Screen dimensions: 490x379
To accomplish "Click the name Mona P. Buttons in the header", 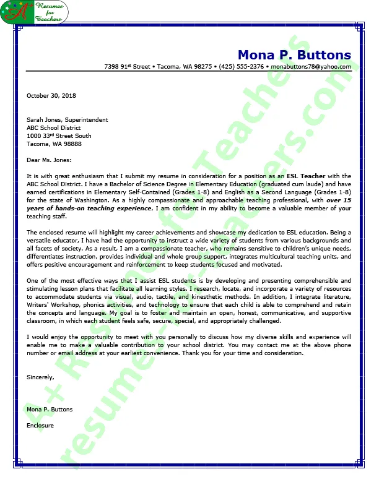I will (x=294, y=54).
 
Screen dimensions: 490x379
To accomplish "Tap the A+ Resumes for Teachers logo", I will (x=35, y=12).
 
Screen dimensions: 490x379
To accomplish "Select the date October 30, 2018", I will (x=51, y=96).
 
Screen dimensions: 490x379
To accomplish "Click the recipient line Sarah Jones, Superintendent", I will (x=67, y=120).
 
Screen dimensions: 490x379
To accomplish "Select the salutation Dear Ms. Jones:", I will (x=49, y=160).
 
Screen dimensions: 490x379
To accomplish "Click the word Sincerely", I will (x=40, y=377).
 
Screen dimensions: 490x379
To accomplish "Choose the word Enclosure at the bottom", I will (x=40, y=426).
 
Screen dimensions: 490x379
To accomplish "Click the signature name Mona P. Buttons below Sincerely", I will (x=50, y=410).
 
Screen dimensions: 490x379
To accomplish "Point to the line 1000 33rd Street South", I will (x=59, y=136).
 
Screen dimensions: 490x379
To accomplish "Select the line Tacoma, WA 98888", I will (x=54, y=144).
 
